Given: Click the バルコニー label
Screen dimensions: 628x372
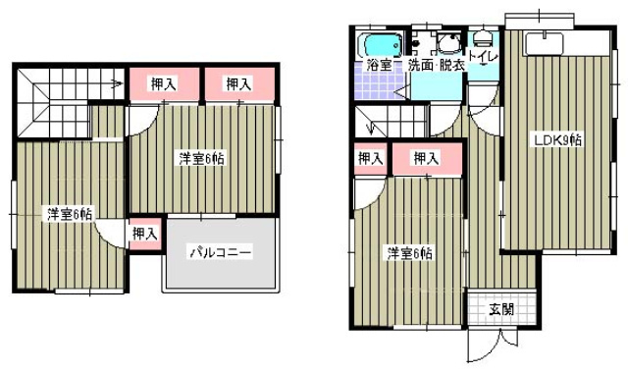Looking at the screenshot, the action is [x=221, y=252].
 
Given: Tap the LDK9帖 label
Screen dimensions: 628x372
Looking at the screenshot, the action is [x=556, y=139].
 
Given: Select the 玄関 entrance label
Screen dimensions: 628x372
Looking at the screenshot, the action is [x=501, y=309].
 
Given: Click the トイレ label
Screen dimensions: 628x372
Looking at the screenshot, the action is [x=483, y=56].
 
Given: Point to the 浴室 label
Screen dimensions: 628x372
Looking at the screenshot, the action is [x=379, y=65].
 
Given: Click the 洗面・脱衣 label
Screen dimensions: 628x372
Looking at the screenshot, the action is [x=436, y=65].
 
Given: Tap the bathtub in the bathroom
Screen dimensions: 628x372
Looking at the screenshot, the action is [x=382, y=45].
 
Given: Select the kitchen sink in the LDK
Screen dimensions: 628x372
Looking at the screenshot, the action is [x=545, y=44].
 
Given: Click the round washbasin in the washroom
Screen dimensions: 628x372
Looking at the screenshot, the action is [x=448, y=43].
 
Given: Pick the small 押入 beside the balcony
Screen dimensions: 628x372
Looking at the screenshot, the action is [x=145, y=234].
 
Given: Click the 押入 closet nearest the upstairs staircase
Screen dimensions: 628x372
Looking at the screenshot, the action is [x=164, y=84].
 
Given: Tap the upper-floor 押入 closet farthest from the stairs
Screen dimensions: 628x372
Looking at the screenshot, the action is [x=239, y=84].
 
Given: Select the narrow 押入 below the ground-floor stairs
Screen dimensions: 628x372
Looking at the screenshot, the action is [x=371, y=159].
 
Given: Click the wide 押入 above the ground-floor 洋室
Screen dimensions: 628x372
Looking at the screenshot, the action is [x=427, y=159].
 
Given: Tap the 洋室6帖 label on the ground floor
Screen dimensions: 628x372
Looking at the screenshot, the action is [x=409, y=254].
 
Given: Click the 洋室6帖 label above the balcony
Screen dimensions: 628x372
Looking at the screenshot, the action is [x=201, y=159].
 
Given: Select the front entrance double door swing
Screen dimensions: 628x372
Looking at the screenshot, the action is [x=494, y=345].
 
